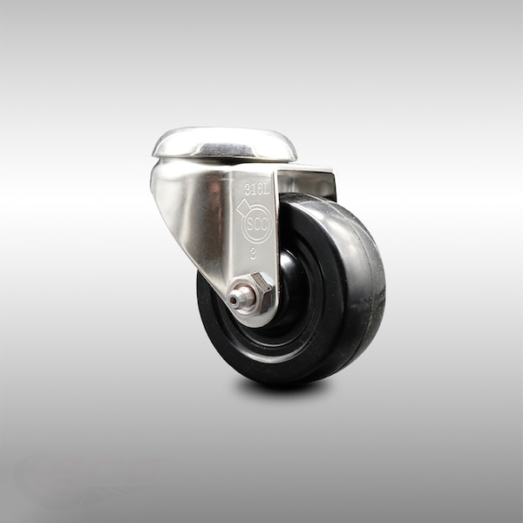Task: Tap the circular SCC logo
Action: point(257,224)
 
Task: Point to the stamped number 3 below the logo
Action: point(253,255)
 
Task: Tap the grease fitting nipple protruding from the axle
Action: point(238,299)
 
